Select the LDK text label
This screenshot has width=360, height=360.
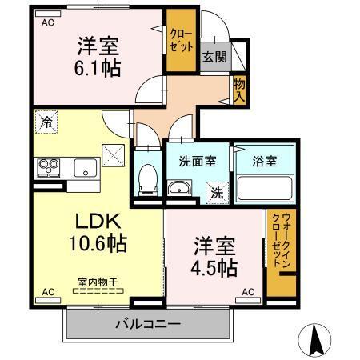(x=98, y=221)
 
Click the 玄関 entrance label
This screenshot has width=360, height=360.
(x=213, y=57)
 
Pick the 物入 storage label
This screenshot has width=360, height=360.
(x=238, y=89)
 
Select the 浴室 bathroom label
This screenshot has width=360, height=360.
(x=266, y=160)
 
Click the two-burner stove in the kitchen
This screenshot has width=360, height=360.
(x=48, y=167)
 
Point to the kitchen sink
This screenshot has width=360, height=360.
(x=85, y=168)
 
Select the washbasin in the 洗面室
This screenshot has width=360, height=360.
(x=180, y=190)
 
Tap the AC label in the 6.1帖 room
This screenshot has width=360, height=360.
(x=48, y=23)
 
